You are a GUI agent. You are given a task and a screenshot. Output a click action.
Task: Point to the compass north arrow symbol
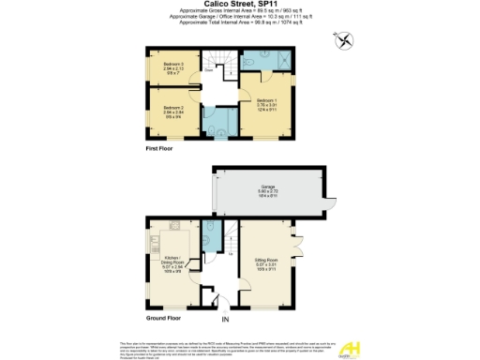click(346, 39)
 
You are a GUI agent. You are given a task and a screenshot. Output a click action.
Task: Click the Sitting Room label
click(266, 261)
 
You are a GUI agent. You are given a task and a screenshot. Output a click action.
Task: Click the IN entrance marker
click(225, 324)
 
